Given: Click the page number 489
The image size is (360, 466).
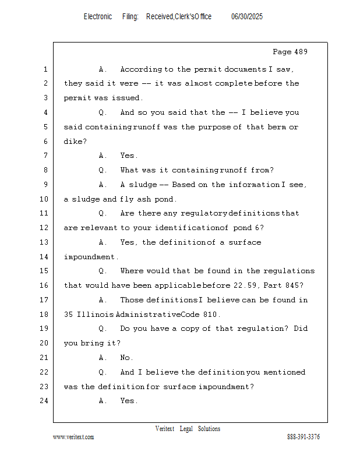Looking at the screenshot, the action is pos(299,52).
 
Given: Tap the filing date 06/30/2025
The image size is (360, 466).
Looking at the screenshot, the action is pos(247,17).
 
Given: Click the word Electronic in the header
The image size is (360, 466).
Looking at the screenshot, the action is pos(98,17).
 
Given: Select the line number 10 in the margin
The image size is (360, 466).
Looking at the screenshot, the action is pos(44,199).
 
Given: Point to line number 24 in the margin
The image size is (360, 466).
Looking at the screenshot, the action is pos(44,401).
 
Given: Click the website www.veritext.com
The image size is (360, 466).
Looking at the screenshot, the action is pos(73,437).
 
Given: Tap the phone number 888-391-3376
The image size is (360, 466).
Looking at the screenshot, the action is pos(303,436).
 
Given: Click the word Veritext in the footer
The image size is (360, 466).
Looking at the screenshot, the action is pos(165,429).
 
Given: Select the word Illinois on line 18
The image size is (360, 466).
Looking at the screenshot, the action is pos(96,314).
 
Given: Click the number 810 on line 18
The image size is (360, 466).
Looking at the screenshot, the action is pos(210,314).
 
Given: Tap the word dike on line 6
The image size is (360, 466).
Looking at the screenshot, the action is pos(73,141).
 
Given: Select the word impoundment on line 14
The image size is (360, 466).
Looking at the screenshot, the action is pos(90,257).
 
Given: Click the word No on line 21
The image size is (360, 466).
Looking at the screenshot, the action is pos(125,357).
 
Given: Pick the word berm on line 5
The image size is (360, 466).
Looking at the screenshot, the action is pos(277,127).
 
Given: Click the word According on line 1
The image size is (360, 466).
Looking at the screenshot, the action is pos(141,69).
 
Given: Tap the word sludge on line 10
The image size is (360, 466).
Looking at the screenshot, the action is pos(86,199).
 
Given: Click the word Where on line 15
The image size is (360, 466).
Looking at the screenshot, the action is pos(131,271).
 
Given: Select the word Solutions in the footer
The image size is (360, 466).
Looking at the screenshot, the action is pos(209,429).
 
